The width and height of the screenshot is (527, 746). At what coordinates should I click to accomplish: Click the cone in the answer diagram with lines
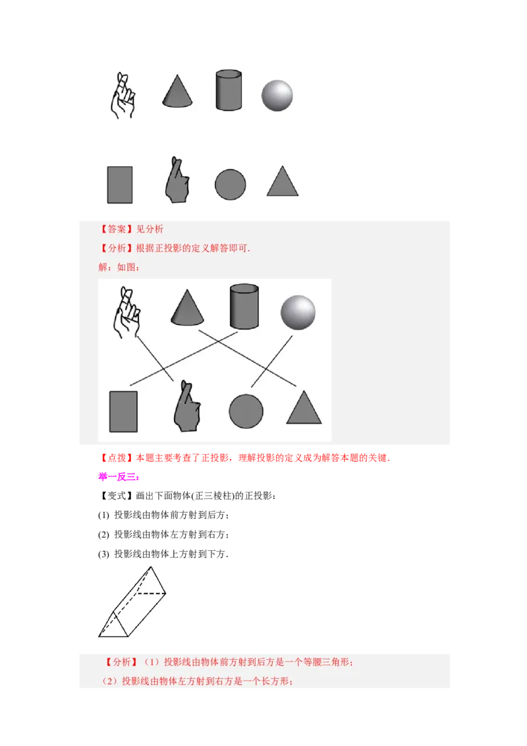(187, 307)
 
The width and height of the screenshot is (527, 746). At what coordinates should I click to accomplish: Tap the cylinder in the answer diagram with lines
(244, 307)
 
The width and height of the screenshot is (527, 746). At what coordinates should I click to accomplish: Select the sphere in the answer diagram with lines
(298, 312)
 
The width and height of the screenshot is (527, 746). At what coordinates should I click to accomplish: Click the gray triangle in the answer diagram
(304, 408)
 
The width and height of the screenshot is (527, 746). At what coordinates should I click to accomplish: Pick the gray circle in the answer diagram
(246, 411)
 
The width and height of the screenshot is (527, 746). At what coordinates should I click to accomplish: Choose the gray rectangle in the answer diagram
(124, 411)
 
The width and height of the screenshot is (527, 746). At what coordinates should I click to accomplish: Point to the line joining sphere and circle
(271, 362)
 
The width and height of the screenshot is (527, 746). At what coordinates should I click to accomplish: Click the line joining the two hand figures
(155, 359)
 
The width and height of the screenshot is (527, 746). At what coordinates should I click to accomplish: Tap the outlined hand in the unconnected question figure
(123, 96)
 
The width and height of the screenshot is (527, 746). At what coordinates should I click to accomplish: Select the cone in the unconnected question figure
(177, 91)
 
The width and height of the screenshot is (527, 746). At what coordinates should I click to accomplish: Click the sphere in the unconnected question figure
(277, 96)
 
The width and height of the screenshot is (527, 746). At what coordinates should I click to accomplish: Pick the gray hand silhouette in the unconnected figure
(177, 180)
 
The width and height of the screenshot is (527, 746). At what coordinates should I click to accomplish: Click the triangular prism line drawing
(132, 602)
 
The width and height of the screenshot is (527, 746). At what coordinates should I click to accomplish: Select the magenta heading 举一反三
(117, 476)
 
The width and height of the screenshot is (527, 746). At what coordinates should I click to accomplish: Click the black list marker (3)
(103, 554)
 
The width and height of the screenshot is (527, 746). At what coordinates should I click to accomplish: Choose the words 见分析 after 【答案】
(150, 229)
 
